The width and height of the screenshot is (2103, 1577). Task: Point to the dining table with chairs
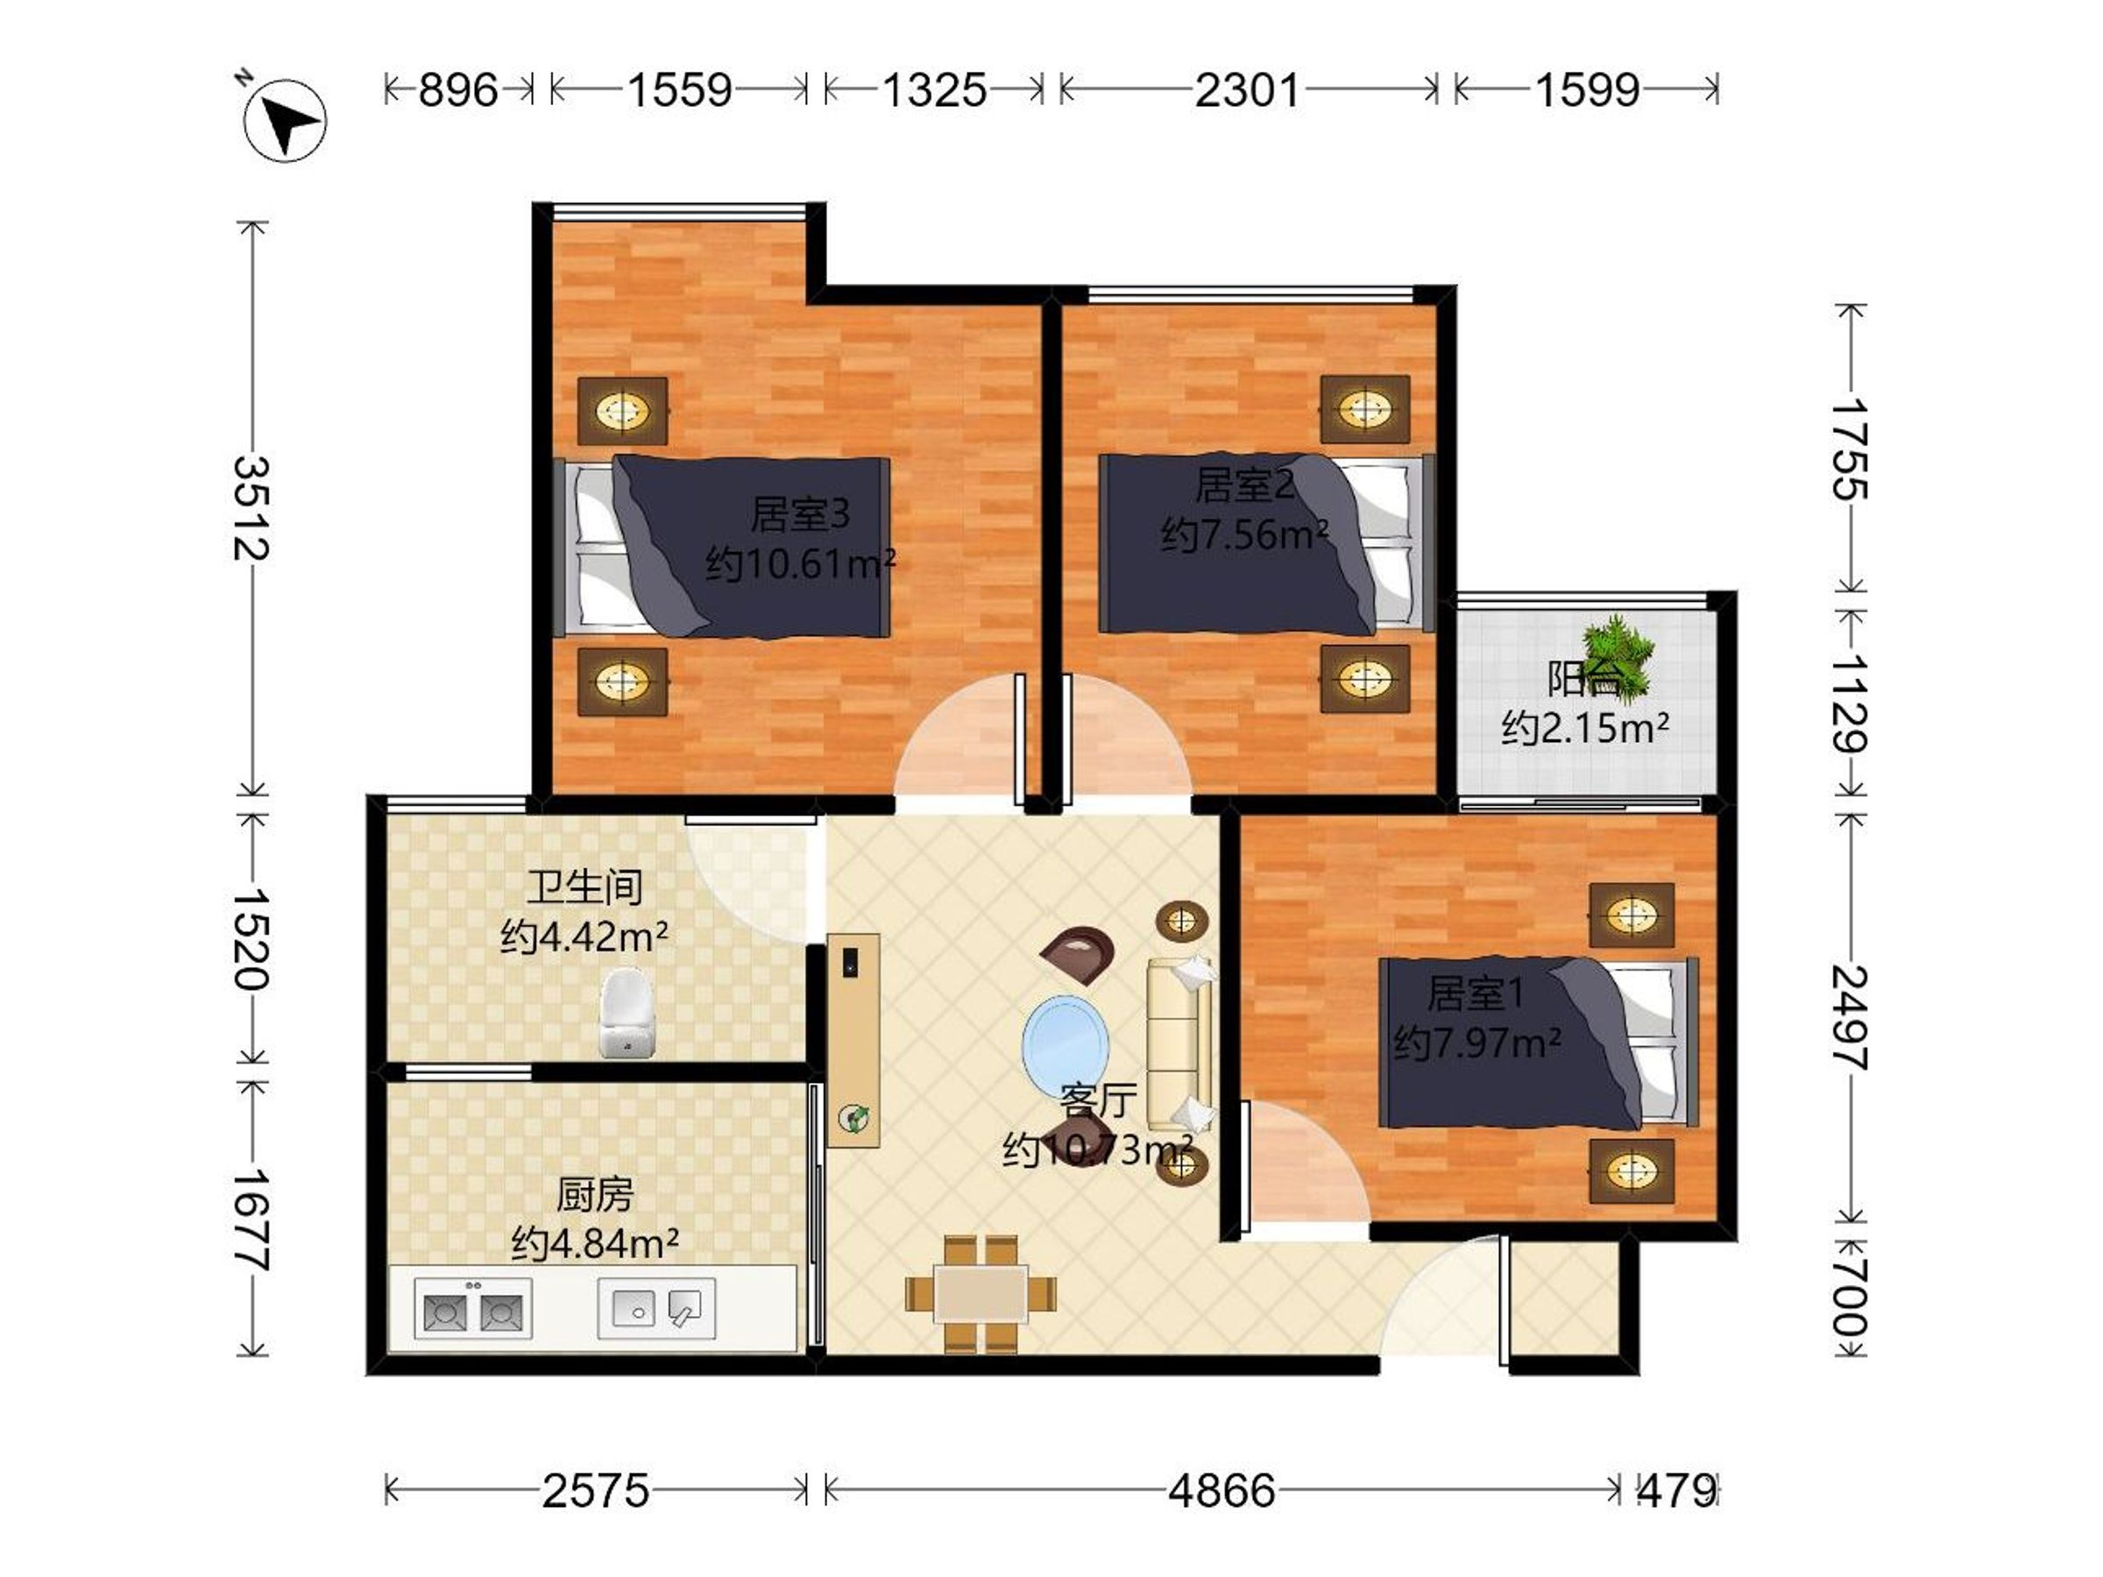point(981,1293)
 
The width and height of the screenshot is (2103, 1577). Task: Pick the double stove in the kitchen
point(472,1309)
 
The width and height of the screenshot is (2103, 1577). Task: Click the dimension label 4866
point(1221,1490)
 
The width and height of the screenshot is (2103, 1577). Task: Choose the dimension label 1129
point(1849,704)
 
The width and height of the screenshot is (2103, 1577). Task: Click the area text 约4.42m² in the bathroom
point(584,938)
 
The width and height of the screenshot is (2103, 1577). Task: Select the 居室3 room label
point(801,514)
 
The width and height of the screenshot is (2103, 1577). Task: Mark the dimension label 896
point(458,91)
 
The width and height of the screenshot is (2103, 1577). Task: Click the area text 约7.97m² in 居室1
point(1476,1043)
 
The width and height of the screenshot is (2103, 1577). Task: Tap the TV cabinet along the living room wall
point(853,1040)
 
